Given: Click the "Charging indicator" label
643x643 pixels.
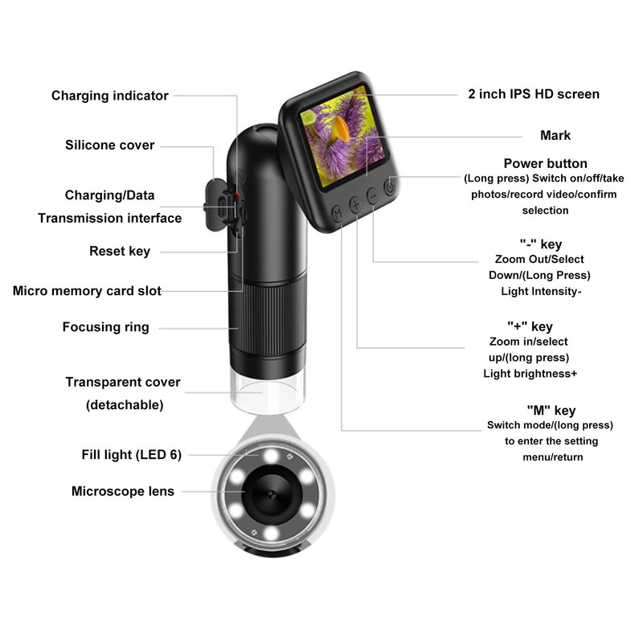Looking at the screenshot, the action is pyautogui.click(x=110, y=96).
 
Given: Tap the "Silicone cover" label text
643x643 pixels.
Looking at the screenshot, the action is pyautogui.click(x=110, y=145).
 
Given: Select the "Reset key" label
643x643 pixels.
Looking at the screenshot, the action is pyautogui.click(x=120, y=252).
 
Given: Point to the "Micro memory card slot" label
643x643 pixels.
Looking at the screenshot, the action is pyautogui.click(x=87, y=291).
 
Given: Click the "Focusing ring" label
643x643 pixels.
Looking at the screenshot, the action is pyautogui.click(x=106, y=327).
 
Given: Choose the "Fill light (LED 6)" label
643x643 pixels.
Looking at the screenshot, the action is pyautogui.click(x=132, y=454).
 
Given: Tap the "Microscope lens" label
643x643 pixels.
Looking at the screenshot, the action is pyautogui.click(x=123, y=491).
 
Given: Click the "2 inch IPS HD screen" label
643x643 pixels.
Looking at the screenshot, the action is pyautogui.click(x=534, y=94).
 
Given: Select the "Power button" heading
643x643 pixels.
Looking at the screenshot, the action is pyautogui.click(x=546, y=164).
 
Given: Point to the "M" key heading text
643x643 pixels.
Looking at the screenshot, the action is pyautogui.click(x=551, y=411).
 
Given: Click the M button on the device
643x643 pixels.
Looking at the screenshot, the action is pyautogui.click(x=337, y=212).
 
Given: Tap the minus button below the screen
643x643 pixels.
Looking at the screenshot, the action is pyautogui.click(x=372, y=195).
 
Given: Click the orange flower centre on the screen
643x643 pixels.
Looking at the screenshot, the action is pyautogui.click(x=341, y=126).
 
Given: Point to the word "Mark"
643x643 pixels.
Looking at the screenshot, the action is pyautogui.click(x=555, y=136).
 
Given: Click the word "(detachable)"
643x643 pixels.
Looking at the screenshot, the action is pyautogui.click(x=125, y=405).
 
